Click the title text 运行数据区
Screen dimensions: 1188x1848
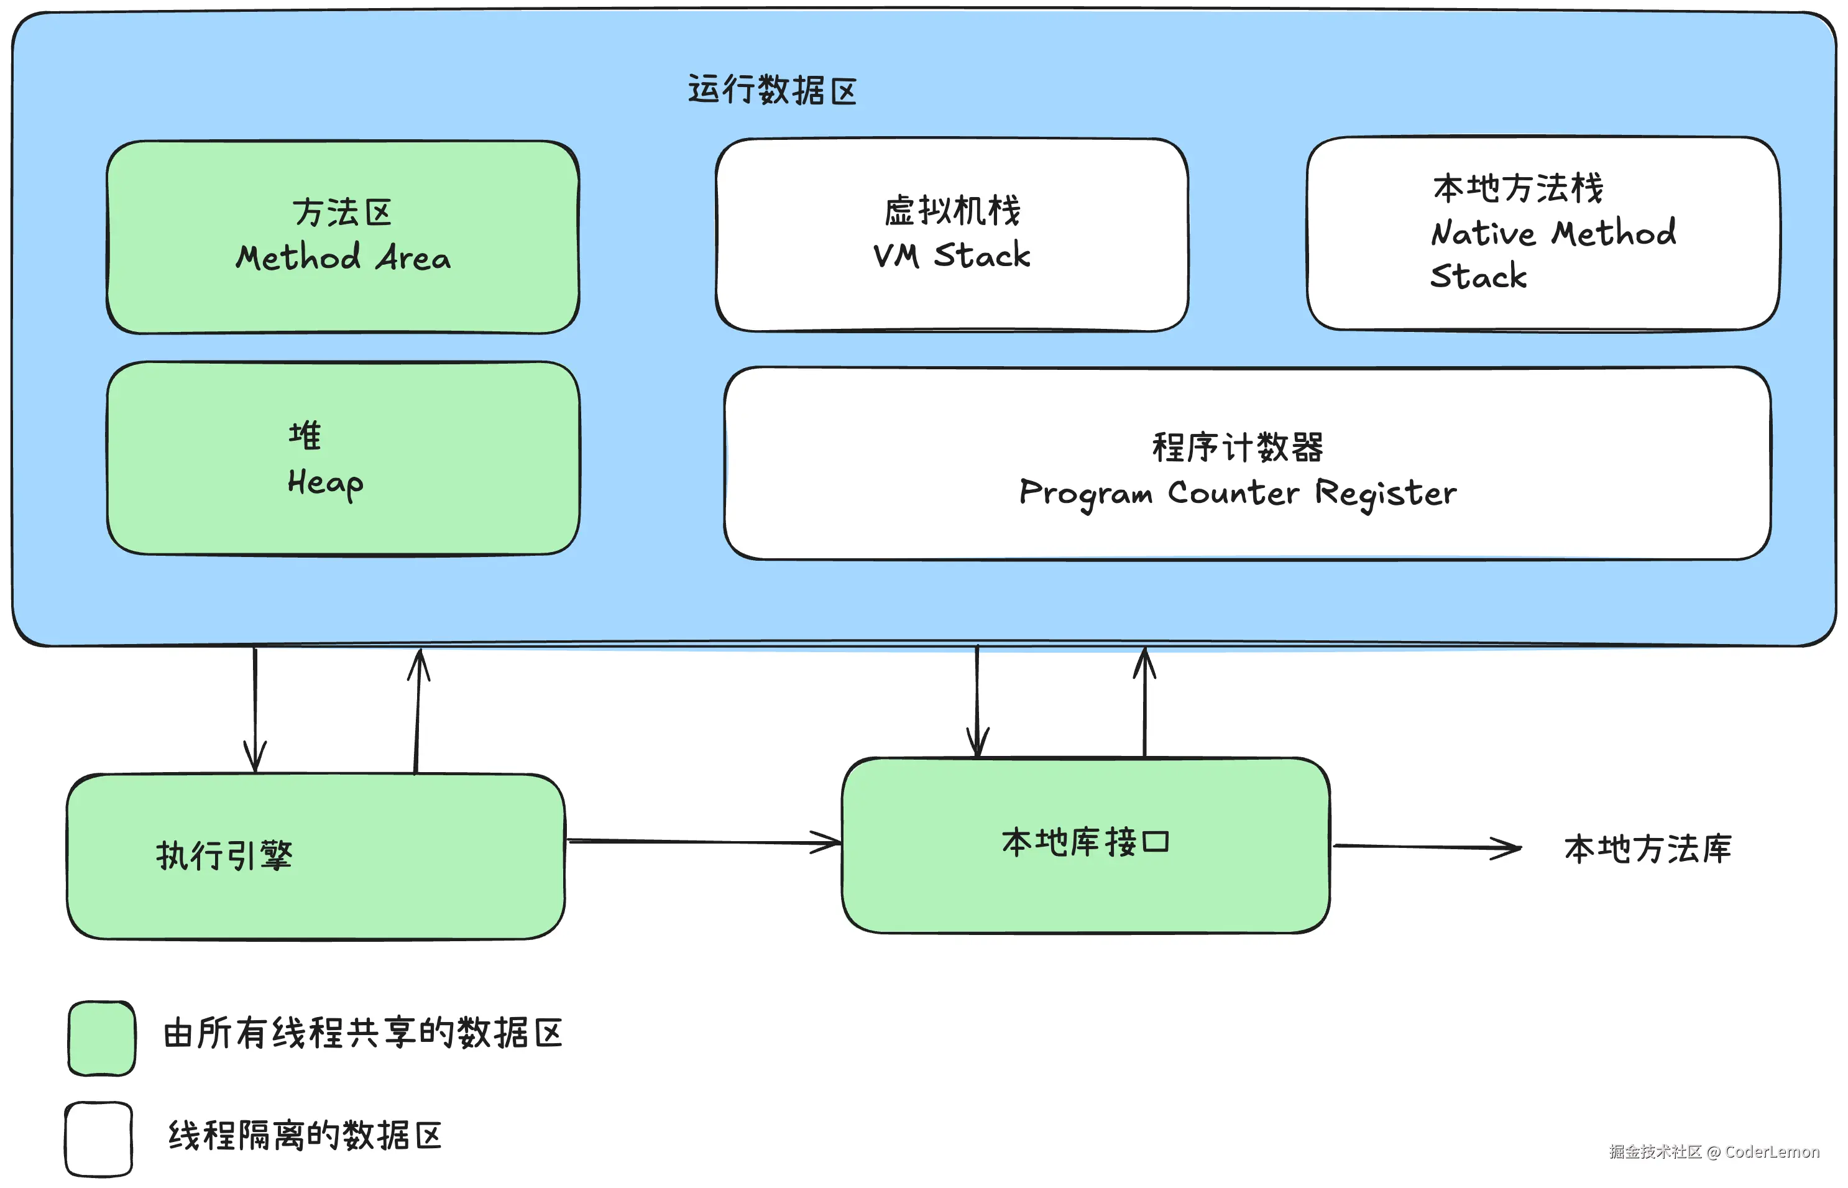click(x=772, y=90)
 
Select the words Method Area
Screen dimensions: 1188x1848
click(x=343, y=257)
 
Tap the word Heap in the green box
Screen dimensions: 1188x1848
click(x=324, y=483)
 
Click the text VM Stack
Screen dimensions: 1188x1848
click(x=951, y=256)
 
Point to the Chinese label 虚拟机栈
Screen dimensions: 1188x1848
click(x=952, y=211)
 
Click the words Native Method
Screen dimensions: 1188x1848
click(x=1553, y=233)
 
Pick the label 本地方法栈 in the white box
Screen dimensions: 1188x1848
click(x=1518, y=188)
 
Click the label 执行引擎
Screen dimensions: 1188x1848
click(x=224, y=855)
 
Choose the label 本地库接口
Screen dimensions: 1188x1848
click(x=1085, y=842)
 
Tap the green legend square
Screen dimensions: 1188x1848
click(x=102, y=1038)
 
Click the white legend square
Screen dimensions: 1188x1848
click(x=99, y=1139)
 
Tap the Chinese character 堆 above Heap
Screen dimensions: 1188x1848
click(x=305, y=436)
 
